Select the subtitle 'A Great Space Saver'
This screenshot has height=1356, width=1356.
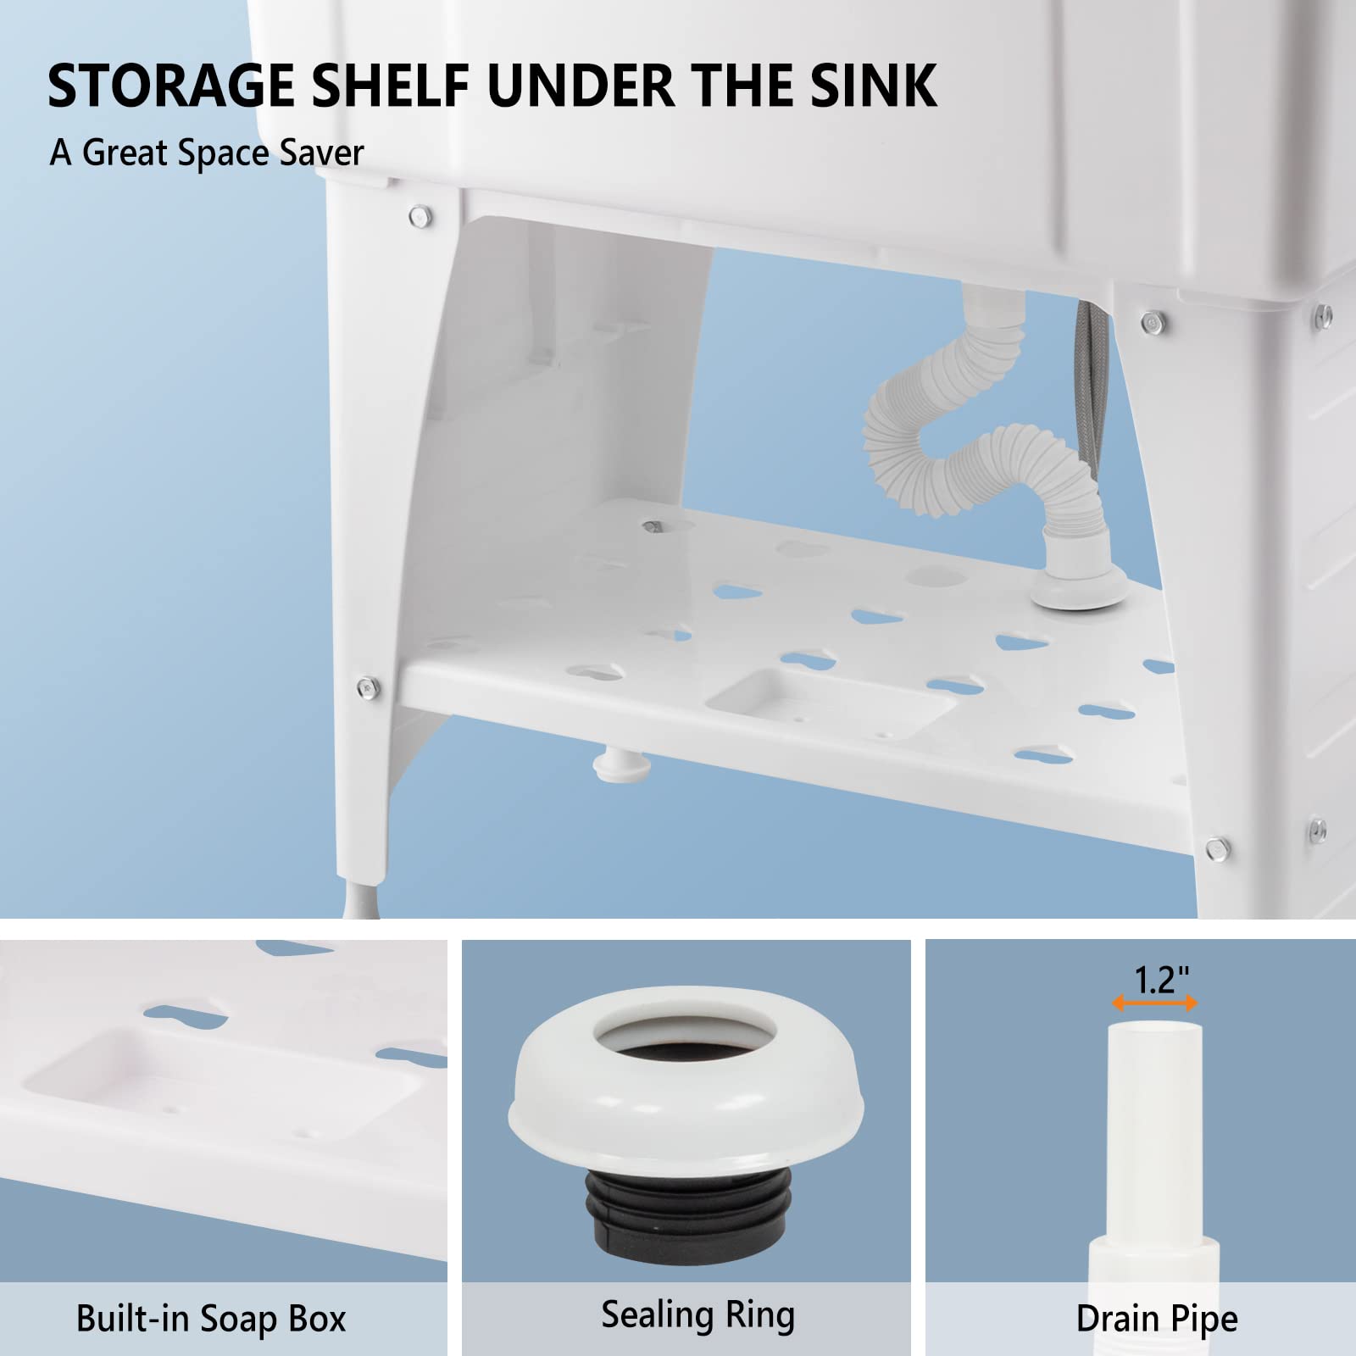(x=207, y=153)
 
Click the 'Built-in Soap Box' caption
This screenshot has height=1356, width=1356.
(x=211, y=1319)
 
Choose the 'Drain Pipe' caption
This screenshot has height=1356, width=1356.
(x=1157, y=1319)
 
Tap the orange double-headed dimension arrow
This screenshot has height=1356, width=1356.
(x=1154, y=1003)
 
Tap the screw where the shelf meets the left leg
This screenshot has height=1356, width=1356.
(x=365, y=685)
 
